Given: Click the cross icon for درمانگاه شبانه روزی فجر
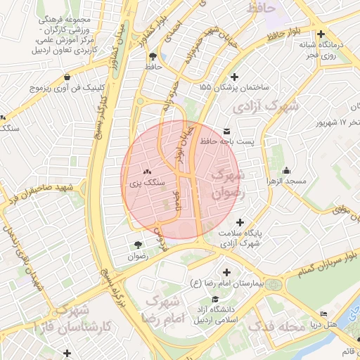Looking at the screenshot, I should (321, 34).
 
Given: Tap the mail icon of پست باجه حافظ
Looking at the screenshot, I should (226, 131).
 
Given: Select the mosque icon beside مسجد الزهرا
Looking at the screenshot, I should (286, 170).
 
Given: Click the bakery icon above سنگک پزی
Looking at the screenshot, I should (147, 172).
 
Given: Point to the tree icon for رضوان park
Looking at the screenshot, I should (137, 245).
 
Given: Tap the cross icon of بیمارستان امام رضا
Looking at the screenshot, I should (226, 272).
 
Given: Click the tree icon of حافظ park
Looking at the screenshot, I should (153, 56).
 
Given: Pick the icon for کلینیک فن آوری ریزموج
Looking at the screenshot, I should (67, 77).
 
